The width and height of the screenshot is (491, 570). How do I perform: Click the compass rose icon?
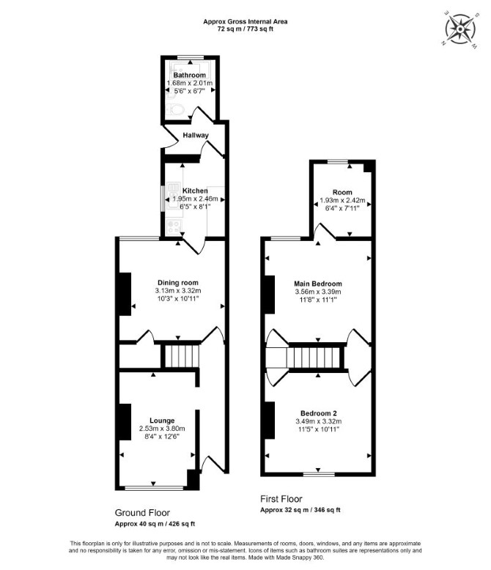[461, 29]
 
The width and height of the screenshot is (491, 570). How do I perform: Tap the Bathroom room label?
[190, 75]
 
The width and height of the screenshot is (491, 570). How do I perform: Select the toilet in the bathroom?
[176, 109]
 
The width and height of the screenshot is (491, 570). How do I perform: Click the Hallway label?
[196, 136]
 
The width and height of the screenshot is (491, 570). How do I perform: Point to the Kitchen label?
[195, 190]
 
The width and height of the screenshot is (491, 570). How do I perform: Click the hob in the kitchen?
[174, 226]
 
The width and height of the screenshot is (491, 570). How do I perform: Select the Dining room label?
[178, 283]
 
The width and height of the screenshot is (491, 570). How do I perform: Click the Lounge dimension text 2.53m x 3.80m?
[162, 429]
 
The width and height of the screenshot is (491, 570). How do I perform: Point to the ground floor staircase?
[182, 356]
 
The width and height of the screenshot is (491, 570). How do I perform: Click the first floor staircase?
[315, 358]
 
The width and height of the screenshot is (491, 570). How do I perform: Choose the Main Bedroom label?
[318, 284]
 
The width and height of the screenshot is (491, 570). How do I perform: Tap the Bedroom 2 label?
[319, 413]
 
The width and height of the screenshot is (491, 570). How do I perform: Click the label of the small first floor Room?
[342, 192]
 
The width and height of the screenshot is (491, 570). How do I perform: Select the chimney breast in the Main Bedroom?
[270, 295]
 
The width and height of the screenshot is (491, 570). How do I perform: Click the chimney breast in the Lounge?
[125, 422]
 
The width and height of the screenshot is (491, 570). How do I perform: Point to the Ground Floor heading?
[142, 513]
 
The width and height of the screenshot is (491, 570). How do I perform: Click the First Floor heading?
[281, 499]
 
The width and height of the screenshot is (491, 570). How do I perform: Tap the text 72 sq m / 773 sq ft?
[245, 29]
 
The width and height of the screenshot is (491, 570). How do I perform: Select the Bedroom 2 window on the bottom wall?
[319, 474]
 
